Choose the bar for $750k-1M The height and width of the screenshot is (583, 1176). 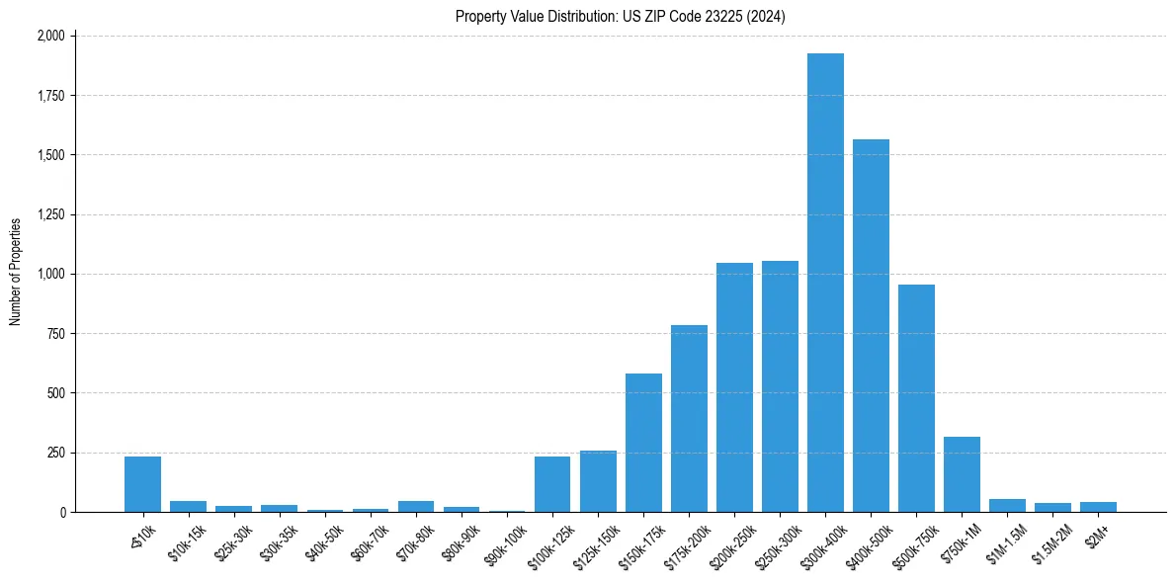click(x=962, y=474)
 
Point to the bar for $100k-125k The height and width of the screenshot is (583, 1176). click(x=552, y=484)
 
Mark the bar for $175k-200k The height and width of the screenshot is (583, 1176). click(x=689, y=419)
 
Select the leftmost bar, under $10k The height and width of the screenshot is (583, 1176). click(x=142, y=484)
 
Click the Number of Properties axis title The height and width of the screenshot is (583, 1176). click(x=15, y=272)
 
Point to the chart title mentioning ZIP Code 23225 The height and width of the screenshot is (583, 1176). click(x=620, y=16)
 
